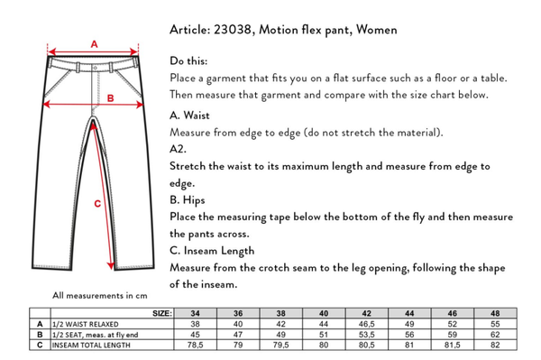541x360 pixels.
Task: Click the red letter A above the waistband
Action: click(94, 44)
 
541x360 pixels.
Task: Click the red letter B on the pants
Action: click(110, 98)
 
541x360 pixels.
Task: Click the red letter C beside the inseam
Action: click(97, 204)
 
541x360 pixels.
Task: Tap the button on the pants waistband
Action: click(96, 68)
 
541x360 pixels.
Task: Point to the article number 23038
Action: click(233, 30)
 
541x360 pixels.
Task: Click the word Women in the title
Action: click(376, 30)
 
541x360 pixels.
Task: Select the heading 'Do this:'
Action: click(188, 61)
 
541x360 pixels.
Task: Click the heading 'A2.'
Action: click(178, 149)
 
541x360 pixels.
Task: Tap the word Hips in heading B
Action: click(194, 200)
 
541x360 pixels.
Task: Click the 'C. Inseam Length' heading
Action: click(212, 251)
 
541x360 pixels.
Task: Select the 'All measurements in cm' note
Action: click(100, 296)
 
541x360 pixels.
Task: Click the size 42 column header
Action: click(366, 313)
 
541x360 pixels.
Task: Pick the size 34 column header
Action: click(196, 313)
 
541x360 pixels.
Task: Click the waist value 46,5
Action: click(366, 324)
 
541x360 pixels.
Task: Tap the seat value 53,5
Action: click(366, 335)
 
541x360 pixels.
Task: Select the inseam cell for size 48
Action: click(495, 345)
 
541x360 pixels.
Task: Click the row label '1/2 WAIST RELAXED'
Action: click(86, 325)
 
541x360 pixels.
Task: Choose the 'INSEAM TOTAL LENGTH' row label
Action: click(91, 346)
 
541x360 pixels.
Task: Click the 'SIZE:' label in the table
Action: click(162, 313)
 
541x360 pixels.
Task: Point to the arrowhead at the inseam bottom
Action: click(110, 266)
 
